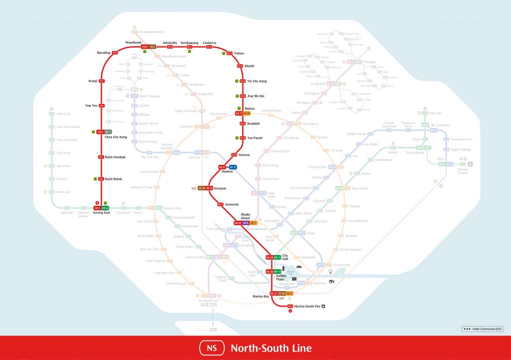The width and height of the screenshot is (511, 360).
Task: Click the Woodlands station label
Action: (x=133, y=43)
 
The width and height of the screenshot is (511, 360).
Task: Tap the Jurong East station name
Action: (x=101, y=213)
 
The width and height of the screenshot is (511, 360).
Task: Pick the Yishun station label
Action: (x=239, y=53)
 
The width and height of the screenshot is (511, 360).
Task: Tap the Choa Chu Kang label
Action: (x=116, y=137)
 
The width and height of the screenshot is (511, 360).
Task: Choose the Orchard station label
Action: (x=220, y=188)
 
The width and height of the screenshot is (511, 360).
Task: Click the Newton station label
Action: (x=227, y=171)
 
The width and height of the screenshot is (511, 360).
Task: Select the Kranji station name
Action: (x=93, y=81)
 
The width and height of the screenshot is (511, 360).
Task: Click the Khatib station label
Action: (x=250, y=66)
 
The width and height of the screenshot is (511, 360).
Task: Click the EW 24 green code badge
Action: (x=105, y=208)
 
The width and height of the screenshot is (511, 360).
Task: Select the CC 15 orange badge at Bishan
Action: (x=247, y=113)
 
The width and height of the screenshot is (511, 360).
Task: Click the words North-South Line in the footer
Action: (x=271, y=348)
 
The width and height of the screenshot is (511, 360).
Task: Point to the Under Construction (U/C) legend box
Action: (x=483, y=329)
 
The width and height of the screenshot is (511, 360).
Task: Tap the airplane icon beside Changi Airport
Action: (x=470, y=164)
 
